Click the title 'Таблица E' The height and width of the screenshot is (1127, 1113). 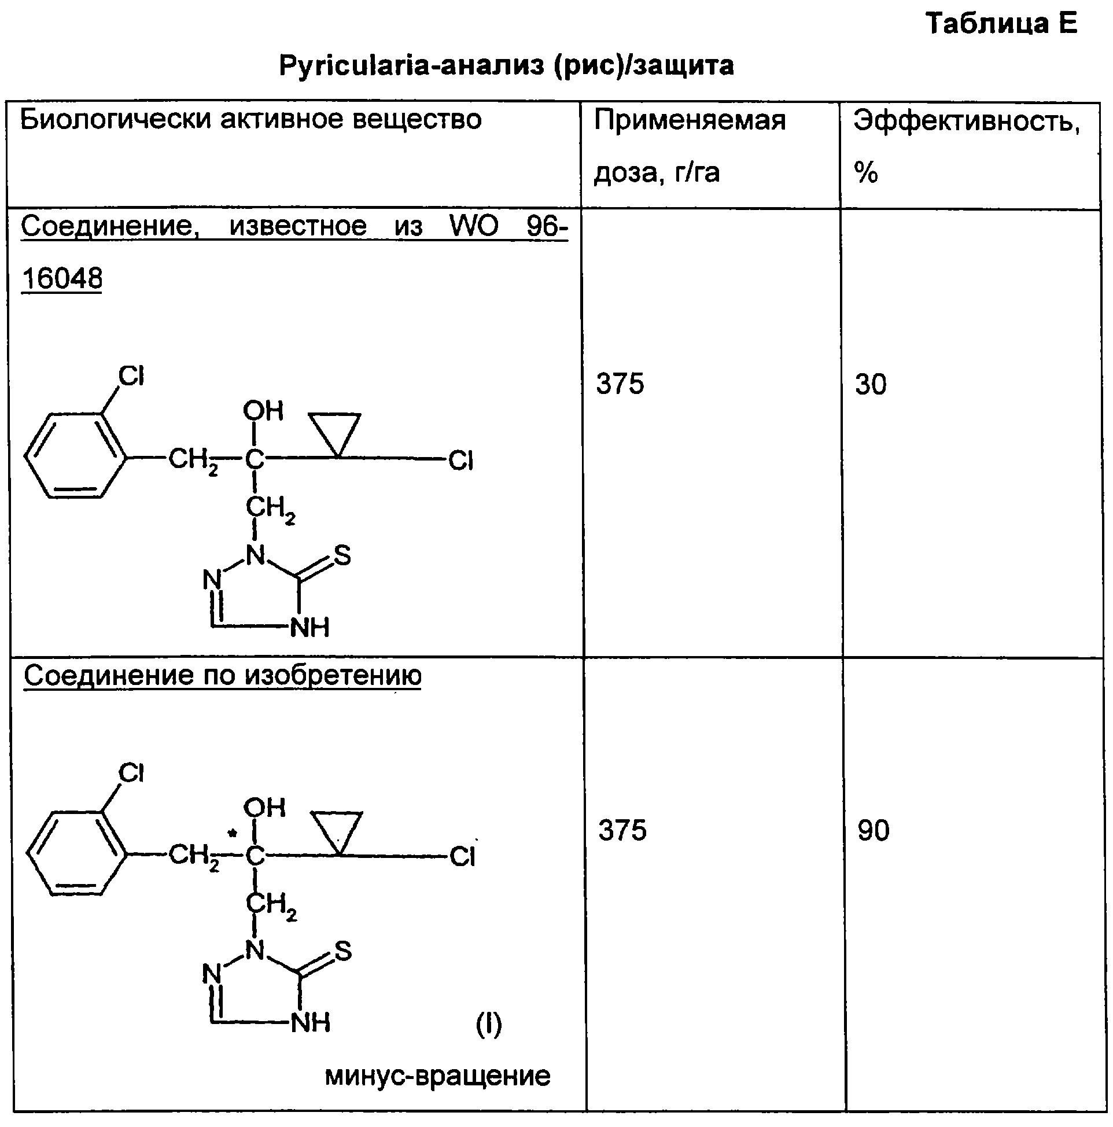point(1001,23)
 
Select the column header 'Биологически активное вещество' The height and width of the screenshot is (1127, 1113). point(251,120)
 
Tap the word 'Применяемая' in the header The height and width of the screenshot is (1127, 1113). point(690,121)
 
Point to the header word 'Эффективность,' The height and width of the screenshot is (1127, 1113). point(967,121)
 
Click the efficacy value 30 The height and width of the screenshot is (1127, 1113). point(871,384)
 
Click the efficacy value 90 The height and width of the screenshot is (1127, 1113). point(874,830)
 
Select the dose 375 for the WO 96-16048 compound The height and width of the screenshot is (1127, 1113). point(620,384)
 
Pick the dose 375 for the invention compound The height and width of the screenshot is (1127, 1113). point(622,830)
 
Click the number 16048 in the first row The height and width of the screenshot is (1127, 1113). point(62,278)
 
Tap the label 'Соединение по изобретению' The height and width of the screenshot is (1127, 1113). point(222,676)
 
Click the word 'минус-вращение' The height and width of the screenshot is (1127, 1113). point(437,1076)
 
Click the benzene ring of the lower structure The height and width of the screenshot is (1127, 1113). point(76,853)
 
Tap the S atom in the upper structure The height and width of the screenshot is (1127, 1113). point(342,555)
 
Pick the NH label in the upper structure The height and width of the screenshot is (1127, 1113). point(309,628)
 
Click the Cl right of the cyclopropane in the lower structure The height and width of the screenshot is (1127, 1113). point(463,856)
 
